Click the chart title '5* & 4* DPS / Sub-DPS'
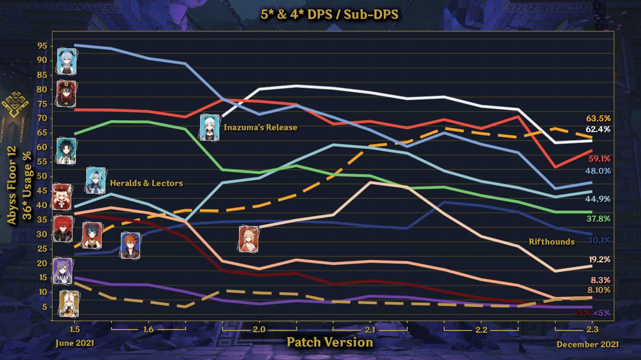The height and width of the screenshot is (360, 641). [x=329, y=15]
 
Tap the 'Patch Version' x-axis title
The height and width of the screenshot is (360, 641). [x=329, y=342]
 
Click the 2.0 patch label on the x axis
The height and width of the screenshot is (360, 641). [x=259, y=329]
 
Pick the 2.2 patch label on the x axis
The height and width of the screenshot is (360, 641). [x=481, y=329]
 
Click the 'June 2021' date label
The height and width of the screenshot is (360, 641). [x=75, y=343]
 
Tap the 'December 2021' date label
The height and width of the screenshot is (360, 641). [x=588, y=345]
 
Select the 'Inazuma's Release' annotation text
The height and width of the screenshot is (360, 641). [x=261, y=127]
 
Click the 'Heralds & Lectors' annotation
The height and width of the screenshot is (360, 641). [x=146, y=183]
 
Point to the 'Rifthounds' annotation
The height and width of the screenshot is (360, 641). [x=552, y=242]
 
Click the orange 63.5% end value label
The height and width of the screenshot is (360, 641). [x=597, y=118]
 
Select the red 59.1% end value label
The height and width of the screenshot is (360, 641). [x=599, y=158]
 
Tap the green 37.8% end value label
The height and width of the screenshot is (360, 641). [x=599, y=219]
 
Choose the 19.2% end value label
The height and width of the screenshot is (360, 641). [x=599, y=260]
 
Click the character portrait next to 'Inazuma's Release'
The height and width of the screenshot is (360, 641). [x=209, y=127]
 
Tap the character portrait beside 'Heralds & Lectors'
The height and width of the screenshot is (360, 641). [x=96, y=180]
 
